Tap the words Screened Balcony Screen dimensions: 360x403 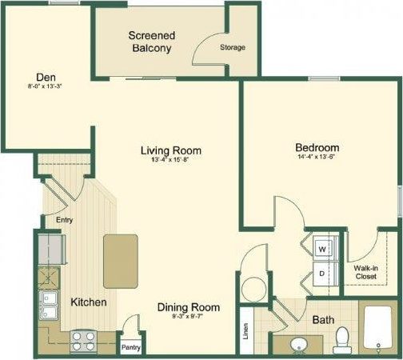point(152,42)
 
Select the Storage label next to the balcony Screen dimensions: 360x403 point(233,47)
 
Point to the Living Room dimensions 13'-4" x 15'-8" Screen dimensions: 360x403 point(170,160)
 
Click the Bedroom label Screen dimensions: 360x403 point(317,147)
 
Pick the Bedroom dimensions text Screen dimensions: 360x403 point(317,158)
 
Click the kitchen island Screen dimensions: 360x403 point(121,260)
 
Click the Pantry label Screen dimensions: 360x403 point(130,348)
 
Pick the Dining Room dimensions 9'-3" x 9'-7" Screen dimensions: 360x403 point(188,317)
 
